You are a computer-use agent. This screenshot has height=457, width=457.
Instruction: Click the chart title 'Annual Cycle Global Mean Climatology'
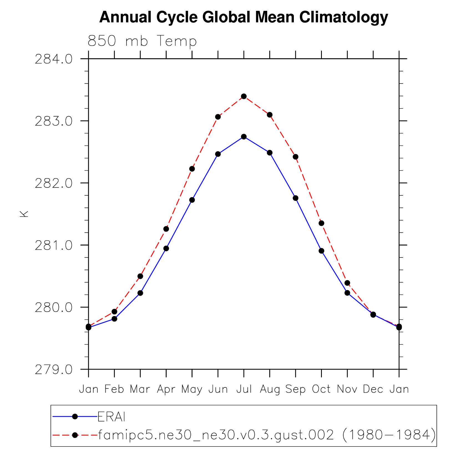[x=243, y=17]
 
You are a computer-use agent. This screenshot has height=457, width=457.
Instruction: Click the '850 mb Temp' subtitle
[x=142, y=41]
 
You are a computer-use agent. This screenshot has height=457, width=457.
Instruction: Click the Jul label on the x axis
[x=244, y=389]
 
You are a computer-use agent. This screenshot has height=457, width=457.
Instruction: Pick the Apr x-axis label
[x=166, y=389]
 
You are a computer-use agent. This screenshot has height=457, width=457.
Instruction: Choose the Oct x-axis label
[x=321, y=389]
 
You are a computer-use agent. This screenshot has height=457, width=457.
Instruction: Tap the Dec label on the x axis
[x=373, y=389]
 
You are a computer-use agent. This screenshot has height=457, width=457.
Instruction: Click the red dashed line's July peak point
[x=244, y=96]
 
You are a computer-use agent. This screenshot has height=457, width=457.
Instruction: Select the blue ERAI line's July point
[x=244, y=137]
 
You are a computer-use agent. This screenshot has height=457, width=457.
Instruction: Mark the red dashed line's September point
[x=296, y=157]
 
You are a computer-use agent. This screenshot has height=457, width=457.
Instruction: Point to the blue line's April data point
[x=166, y=248]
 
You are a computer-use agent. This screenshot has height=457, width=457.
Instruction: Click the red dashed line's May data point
[x=192, y=169]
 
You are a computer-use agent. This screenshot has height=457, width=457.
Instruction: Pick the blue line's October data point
[x=321, y=251]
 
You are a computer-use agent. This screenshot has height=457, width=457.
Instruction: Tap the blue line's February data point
[x=114, y=319]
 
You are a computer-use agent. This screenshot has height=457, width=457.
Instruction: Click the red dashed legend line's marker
[x=75, y=435]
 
